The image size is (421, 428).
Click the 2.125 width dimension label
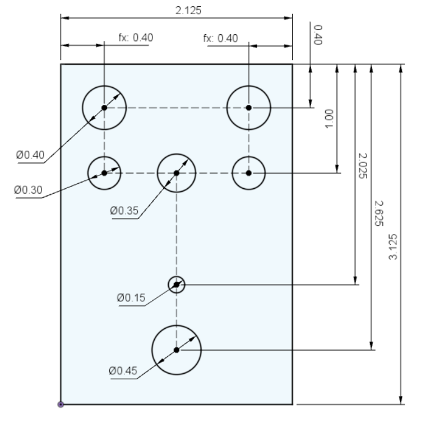(188, 11)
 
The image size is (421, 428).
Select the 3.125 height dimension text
(393, 246)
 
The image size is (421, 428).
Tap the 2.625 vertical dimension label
(379, 213)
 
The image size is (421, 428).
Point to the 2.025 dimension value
(363, 166)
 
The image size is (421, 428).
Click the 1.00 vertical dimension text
(329, 119)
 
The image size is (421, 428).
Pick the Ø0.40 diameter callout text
(30, 155)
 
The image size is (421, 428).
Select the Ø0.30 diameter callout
(28, 190)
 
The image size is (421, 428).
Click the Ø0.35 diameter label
(124, 211)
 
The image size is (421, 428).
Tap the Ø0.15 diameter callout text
(131, 297)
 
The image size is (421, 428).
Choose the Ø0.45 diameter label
(123, 371)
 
